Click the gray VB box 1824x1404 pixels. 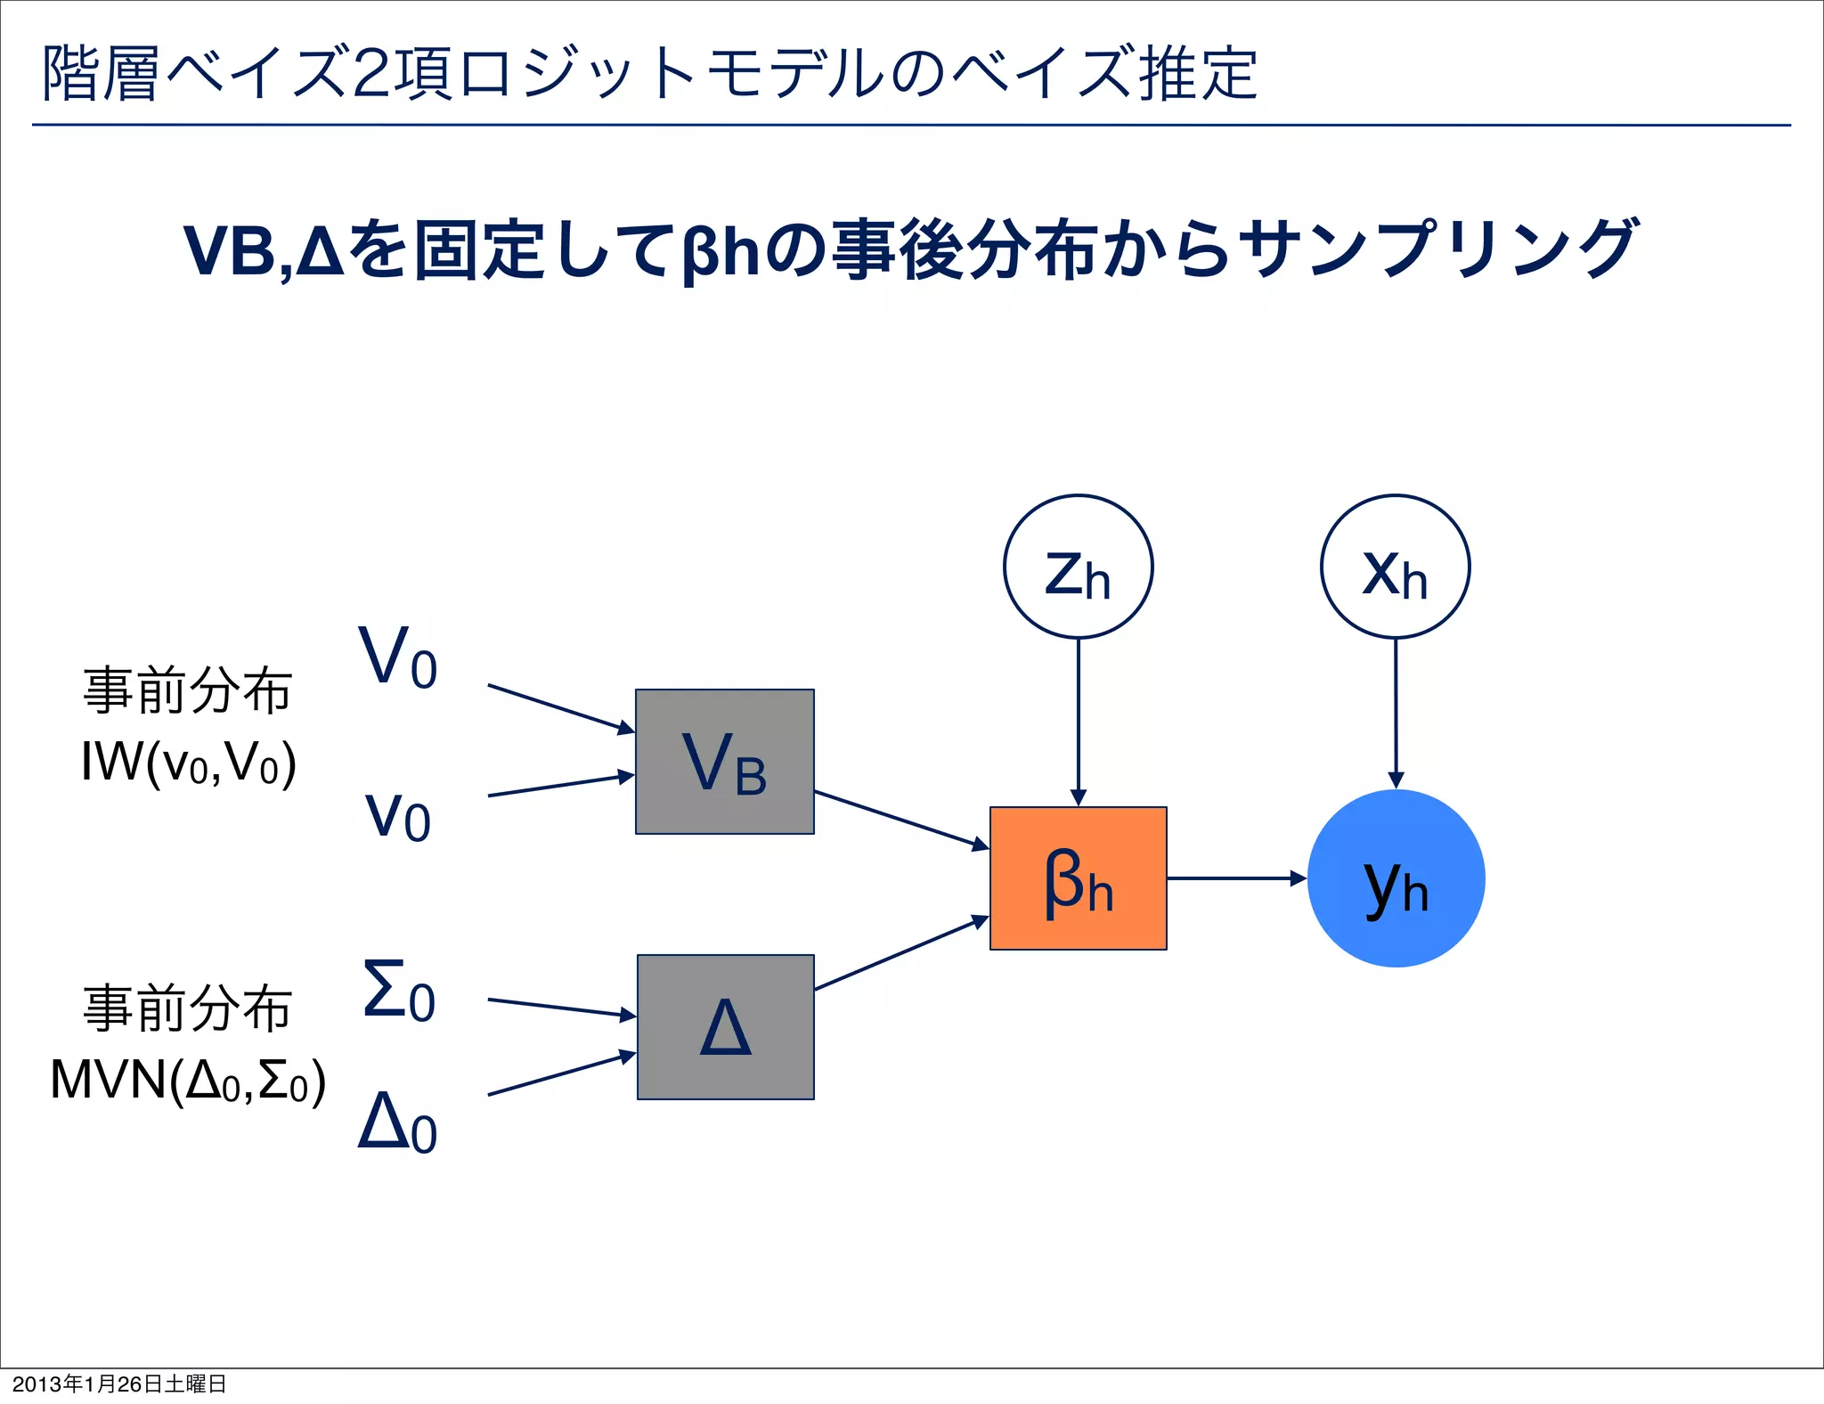(x=724, y=762)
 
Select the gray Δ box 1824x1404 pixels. (x=725, y=1027)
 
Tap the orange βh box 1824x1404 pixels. (x=1078, y=878)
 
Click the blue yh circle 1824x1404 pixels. (x=1396, y=878)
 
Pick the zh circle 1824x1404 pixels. (x=1078, y=567)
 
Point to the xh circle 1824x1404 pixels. (x=1395, y=567)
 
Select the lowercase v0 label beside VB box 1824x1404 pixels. (x=397, y=815)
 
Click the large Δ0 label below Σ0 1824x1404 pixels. (x=397, y=1122)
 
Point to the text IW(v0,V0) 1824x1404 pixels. (x=188, y=763)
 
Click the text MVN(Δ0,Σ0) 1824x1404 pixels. (x=188, y=1081)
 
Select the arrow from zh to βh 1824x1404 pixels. (x=1078, y=722)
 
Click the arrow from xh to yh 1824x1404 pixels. (x=1396, y=713)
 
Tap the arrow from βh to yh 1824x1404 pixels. (x=1236, y=878)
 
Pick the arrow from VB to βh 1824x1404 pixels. (x=901, y=819)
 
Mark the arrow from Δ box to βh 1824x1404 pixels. (x=901, y=953)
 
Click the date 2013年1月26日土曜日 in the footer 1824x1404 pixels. (x=119, y=1384)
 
